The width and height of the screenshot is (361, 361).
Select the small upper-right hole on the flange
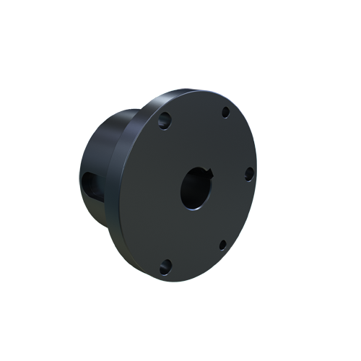(225, 113)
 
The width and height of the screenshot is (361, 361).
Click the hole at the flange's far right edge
(248, 174)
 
